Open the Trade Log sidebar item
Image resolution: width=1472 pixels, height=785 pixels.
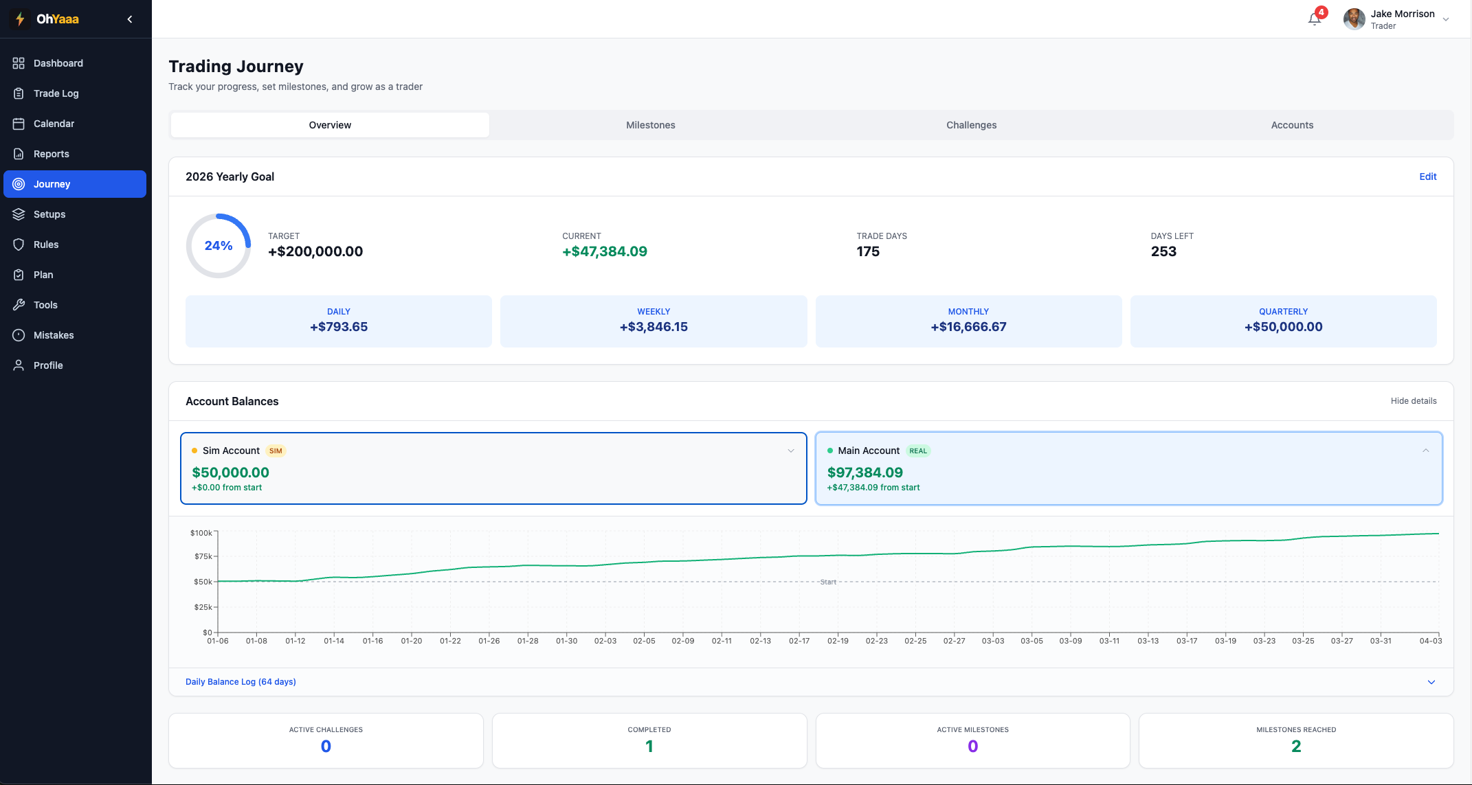(56, 93)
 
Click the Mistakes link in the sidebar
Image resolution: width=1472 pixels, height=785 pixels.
(53, 335)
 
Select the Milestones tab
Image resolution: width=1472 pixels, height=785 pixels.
(650, 125)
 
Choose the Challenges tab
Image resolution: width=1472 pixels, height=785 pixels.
(970, 125)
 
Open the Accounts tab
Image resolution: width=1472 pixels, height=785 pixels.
(1291, 125)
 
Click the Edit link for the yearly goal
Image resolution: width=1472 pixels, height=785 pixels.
(1427, 177)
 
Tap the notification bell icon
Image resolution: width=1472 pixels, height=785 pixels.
(1314, 19)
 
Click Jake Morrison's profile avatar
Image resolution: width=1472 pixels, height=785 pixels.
(1354, 19)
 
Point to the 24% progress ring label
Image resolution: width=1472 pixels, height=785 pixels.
(219, 246)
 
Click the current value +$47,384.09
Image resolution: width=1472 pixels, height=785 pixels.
(604, 251)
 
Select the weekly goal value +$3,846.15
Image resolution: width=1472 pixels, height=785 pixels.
(653, 327)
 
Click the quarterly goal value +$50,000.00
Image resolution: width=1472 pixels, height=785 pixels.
(1282, 327)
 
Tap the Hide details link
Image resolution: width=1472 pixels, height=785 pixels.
(1413, 401)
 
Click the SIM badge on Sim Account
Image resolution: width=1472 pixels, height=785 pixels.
(276, 451)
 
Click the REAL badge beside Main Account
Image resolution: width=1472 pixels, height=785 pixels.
(917, 451)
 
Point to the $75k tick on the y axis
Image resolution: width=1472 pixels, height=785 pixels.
(203, 556)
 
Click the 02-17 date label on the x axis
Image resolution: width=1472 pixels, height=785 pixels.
(799, 641)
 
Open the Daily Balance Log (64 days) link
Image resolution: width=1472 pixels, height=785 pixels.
(241, 682)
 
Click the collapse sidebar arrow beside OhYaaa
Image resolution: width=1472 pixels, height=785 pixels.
(130, 19)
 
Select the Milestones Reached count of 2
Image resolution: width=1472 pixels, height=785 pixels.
(1295, 747)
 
